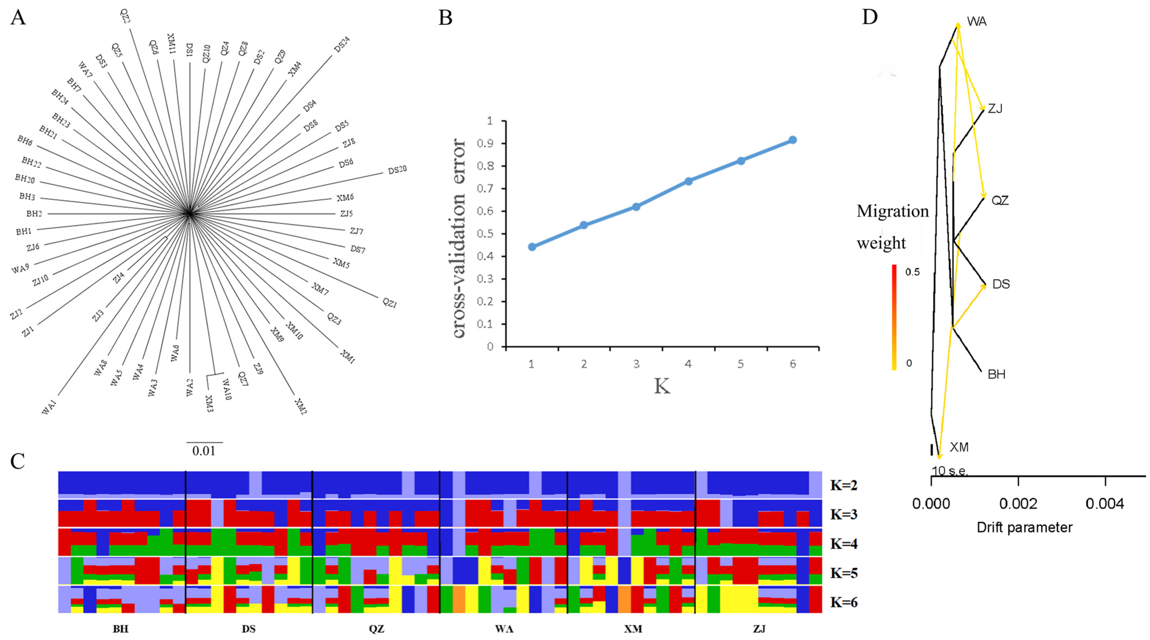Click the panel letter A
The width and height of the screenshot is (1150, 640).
pyautogui.click(x=18, y=18)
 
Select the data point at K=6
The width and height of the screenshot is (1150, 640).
pyautogui.click(x=792, y=140)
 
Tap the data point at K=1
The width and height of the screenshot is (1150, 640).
pyautogui.click(x=532, y=247)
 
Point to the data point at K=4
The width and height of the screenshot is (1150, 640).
pyautogui.click(x=688, y=181)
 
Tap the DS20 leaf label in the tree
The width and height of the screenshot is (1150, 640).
pyautogui.click(x=397, y=170)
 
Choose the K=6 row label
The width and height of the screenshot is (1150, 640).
pyautogui.click(x=844, y=602)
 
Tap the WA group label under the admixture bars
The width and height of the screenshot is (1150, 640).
pyautogui.click(x=504, y=629)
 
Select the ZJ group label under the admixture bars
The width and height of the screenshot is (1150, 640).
pyautogui.click(x=759, y=629)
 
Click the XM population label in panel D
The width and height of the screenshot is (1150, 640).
pyautogui.click(x=959, y=447)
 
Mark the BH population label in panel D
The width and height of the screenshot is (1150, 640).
pyautogui.click(x=996, y=374)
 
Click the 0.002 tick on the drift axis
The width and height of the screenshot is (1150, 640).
pyautogui.click(x=1018, y=504)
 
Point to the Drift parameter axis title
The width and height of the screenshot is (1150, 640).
pyautogui.click(x=1024, y=527)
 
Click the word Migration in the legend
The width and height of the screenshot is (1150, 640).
pyautogui.click(x=892, y=211)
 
